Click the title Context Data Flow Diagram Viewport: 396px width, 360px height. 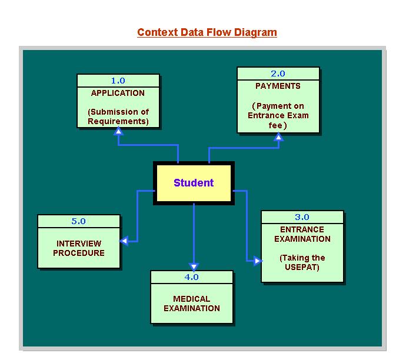point(207,32)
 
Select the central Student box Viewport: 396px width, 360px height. point(194,183)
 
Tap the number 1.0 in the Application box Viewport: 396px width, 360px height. point(118,81)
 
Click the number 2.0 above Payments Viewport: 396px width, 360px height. point(278,74)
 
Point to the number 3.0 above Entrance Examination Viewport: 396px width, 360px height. point(302,217)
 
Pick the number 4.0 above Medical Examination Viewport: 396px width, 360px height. point(191,276)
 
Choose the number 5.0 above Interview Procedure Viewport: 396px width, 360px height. point(78,221)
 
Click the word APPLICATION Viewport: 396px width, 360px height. point(118,93)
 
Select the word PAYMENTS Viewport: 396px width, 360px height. point(278,86)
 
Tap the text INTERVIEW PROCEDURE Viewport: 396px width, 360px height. point(79,248)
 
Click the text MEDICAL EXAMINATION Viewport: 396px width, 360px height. point(192,304)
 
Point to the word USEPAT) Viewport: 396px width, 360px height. point(302,267)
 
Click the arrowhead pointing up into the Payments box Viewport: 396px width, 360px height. point(278,136)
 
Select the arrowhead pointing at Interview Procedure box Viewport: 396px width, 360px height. point(124,241)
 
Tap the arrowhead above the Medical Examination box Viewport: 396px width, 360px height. point(194,267)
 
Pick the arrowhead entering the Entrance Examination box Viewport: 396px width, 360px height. point(257,261)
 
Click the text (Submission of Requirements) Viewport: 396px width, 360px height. point(118,116)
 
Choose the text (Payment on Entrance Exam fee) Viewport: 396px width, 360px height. point(278,115)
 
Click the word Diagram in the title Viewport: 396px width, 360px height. point(255,32)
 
